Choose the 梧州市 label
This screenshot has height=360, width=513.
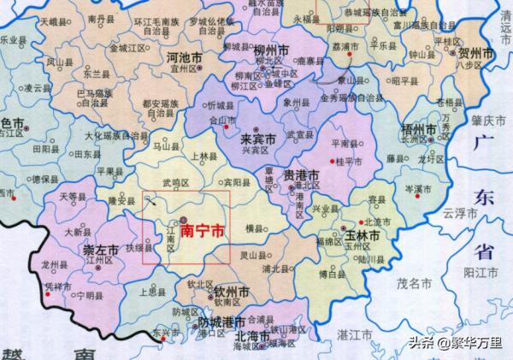pyautogui.click(x=418, y=130)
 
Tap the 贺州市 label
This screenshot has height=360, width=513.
pyautogui.click(x=476, y=54)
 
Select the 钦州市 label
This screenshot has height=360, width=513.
pyautogui.click(x=231, y=292)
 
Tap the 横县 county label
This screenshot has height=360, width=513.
pyautogui.click(x=254, y=228)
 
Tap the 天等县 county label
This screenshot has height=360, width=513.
pyautogui.click(x=72, y=196)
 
